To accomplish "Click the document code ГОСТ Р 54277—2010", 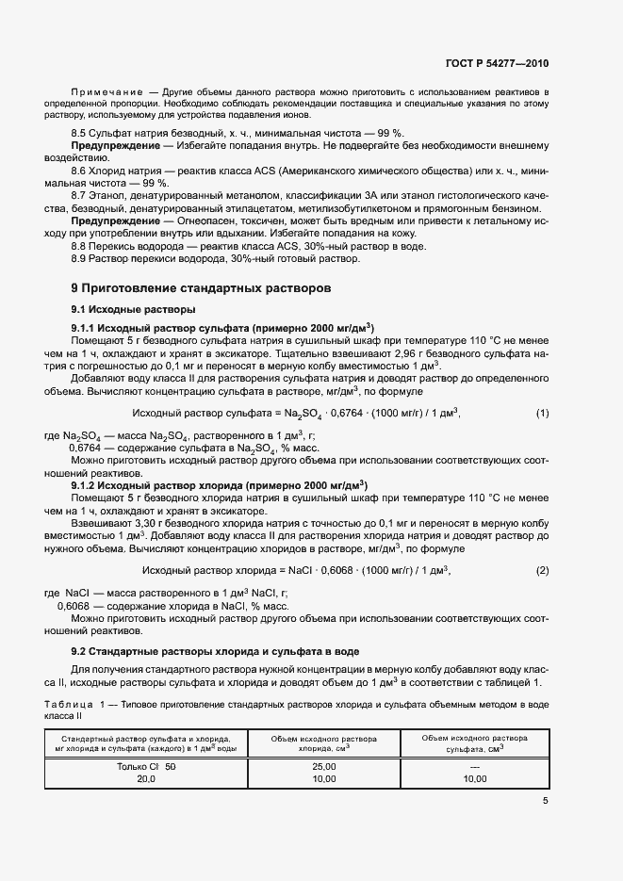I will (x=497, y=63).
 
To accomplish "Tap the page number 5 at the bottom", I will (x=545, y=802).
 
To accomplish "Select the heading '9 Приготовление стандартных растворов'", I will (x=201, y=287).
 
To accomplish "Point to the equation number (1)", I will (x=542, y=414).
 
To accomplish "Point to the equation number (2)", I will (x=542, y=571).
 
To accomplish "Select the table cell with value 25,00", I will (x=323, y=767).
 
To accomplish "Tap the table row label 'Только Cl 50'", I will (x=143, y=767).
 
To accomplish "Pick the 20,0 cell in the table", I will (x=145, y=780).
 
